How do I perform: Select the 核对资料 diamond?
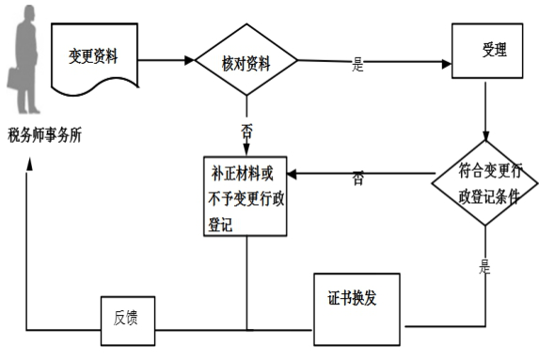246,62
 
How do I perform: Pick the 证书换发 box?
353,303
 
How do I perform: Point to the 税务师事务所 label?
44,135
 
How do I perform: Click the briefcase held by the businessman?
16,80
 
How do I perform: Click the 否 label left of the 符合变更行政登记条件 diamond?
358,177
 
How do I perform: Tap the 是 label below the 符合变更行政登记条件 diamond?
485,266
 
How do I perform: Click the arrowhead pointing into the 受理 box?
445,62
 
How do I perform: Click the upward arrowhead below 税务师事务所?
29,165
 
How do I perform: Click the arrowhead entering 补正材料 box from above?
246,149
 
